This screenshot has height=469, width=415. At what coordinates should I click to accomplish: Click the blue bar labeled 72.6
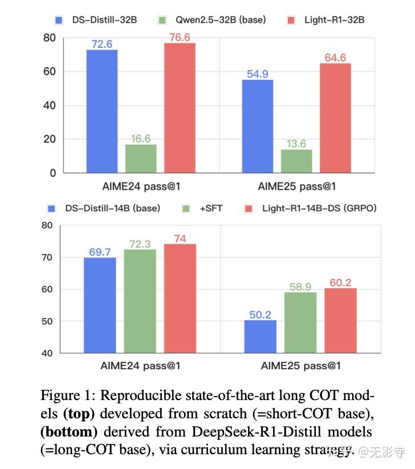101,111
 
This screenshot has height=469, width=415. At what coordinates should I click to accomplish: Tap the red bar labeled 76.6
180,108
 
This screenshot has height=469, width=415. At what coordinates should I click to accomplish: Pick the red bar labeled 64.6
335,118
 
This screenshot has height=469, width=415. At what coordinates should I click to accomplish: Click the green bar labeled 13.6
296,161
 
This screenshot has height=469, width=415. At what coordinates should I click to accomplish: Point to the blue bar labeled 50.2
261,336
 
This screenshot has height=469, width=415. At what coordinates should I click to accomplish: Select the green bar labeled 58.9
300,323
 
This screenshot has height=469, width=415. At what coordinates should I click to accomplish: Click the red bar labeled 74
180,298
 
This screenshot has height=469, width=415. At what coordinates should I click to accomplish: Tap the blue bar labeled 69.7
100,305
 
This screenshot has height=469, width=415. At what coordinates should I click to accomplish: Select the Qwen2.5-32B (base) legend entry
220,20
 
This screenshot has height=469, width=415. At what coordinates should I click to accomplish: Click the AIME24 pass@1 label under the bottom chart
140,366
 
